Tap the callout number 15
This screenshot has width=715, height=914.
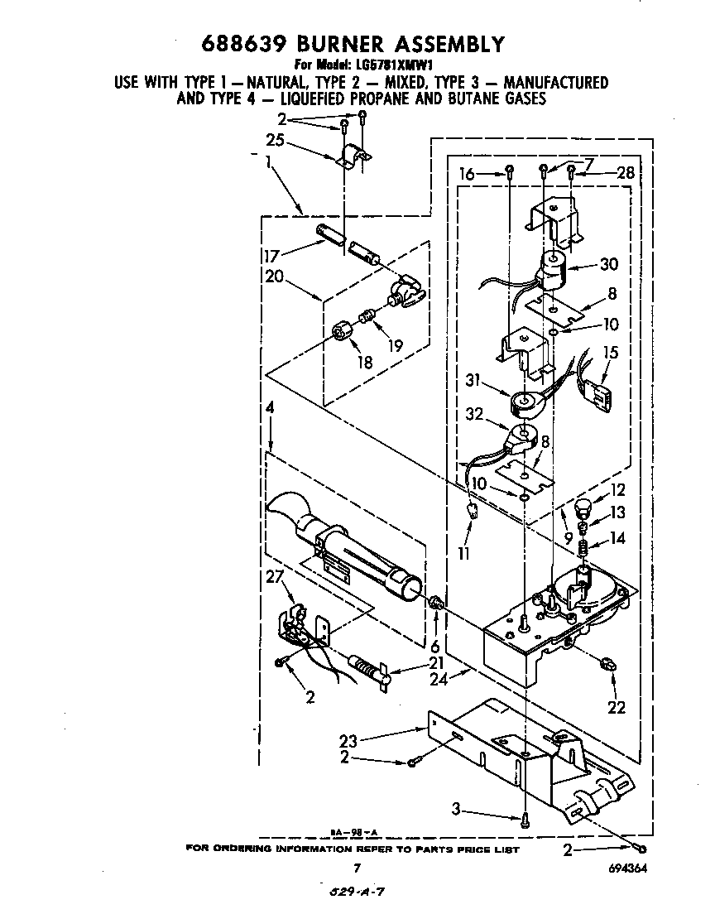[611, 354]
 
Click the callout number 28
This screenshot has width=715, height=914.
[626, 172]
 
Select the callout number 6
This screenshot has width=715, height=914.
[435, 647]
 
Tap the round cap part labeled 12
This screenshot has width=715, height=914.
[584, 504]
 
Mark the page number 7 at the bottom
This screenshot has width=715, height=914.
[357, 868]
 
